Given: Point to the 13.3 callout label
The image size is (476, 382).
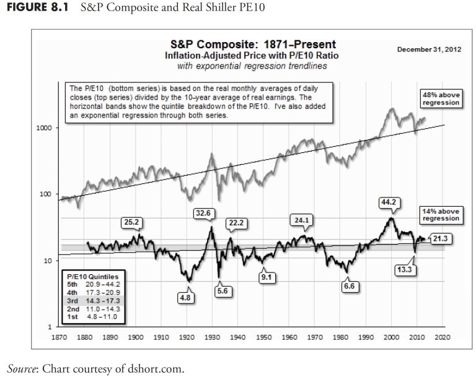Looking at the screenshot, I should [404, 270].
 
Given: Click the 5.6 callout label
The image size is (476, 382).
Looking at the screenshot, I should [223, 291].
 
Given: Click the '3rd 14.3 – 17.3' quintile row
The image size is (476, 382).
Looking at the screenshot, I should [94, 300].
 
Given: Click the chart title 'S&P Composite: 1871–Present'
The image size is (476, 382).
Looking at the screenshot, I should [253, 45].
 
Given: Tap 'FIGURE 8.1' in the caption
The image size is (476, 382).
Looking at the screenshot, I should [35, 9].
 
